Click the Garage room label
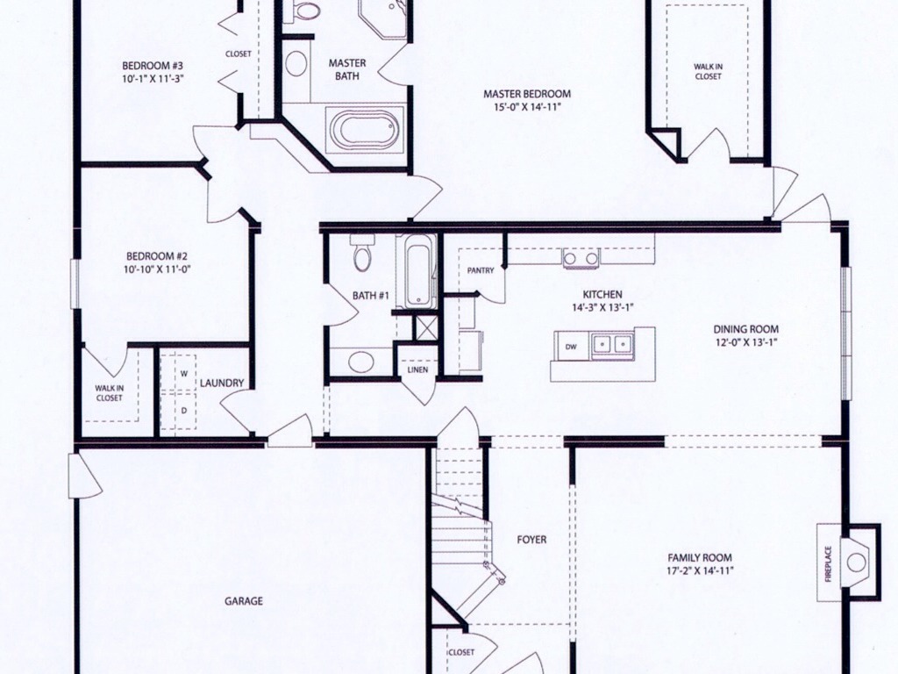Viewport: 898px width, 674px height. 244,601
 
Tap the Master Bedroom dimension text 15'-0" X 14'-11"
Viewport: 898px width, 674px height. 527,106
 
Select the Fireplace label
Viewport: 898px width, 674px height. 828,563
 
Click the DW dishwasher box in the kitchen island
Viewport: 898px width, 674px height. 571,347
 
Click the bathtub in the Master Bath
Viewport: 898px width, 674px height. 365,130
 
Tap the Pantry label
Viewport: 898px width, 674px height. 481,270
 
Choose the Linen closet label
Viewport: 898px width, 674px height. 417,369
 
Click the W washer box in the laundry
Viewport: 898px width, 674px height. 184,373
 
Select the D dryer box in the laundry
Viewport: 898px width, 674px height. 184,411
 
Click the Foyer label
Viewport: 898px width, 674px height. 531,540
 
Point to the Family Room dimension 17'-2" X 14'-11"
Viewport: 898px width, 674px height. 700,570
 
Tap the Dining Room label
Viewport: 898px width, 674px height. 745,329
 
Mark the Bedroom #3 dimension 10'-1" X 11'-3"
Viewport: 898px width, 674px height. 153,78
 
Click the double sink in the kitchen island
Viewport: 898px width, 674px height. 612,344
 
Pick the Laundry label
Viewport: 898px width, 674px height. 222,383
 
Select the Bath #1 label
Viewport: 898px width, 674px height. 371,295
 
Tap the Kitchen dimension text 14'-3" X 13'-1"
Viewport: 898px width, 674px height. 602,307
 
